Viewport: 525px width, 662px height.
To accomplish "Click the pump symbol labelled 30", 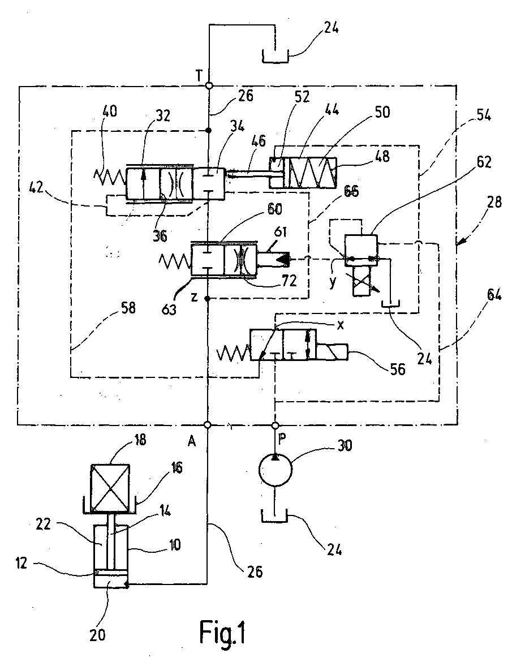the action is [x=275, y=470].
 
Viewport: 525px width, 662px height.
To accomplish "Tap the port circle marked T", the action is [x=209, y=85].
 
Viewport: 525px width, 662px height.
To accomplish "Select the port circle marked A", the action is [x=208, y=425].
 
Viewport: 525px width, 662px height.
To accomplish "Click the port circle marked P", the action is [x=275, y=425].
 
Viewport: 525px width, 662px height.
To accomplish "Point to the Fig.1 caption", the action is [x=222, y=633].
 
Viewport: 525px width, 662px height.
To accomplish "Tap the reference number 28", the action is [x=494, y=202].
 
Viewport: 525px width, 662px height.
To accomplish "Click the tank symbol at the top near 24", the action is [x=276, y=56].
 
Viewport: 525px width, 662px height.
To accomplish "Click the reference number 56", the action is [x=397, y=369].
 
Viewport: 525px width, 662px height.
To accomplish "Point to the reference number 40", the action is [x=109, y=111].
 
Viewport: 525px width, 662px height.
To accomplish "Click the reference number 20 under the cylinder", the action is [x=97, y=635].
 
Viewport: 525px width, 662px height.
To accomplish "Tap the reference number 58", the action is [x=128, y=308].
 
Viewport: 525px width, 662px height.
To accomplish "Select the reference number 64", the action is [x=494, y=294].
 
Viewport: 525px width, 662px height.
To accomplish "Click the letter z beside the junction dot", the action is [x=194, y=297].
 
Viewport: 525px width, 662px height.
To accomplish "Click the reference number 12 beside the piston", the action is [x=21, y=563].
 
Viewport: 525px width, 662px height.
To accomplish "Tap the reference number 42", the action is [x=37, y=187].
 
